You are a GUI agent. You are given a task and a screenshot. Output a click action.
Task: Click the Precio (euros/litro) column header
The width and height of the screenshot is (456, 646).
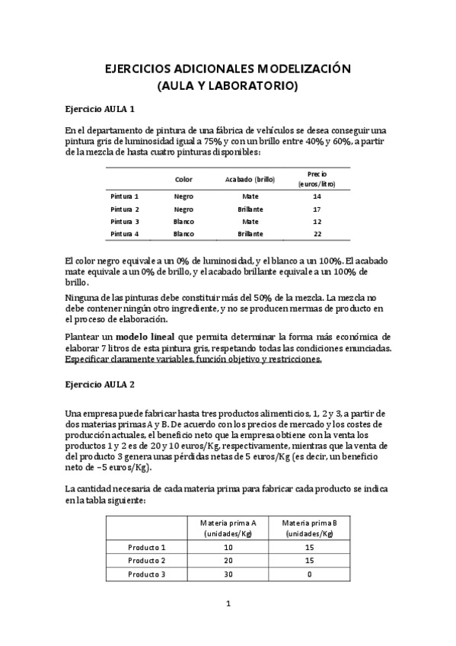(x=317, y=179)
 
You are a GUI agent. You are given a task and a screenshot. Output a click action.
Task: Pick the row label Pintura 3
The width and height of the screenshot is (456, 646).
(x=125, y=221)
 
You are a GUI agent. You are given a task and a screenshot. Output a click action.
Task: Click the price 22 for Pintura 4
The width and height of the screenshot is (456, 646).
(x=317, y=233)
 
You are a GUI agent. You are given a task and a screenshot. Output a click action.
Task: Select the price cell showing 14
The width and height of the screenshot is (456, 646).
(x=317, y=197)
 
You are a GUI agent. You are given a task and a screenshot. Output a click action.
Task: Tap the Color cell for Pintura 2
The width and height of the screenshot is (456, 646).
(x=183, y=209)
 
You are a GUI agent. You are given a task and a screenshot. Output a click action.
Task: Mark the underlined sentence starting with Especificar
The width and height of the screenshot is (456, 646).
(x=193, y=360)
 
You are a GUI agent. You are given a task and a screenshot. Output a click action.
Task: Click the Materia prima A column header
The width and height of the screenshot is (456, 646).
(x=228, y=528)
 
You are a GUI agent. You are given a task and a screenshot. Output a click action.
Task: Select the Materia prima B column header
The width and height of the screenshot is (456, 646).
(x=309, y=528)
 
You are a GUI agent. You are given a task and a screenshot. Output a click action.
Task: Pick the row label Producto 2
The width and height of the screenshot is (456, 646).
(x=146, y=561)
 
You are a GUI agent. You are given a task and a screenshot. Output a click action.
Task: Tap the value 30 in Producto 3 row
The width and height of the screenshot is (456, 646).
(x=228, y=574)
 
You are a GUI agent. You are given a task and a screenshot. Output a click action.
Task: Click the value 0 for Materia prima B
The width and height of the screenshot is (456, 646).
(x=309, y=574)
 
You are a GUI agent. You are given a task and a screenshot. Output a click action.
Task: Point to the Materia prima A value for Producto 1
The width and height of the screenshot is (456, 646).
(x=228, y=547)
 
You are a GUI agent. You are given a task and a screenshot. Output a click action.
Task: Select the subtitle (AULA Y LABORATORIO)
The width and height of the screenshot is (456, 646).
(x=228, y=86)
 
